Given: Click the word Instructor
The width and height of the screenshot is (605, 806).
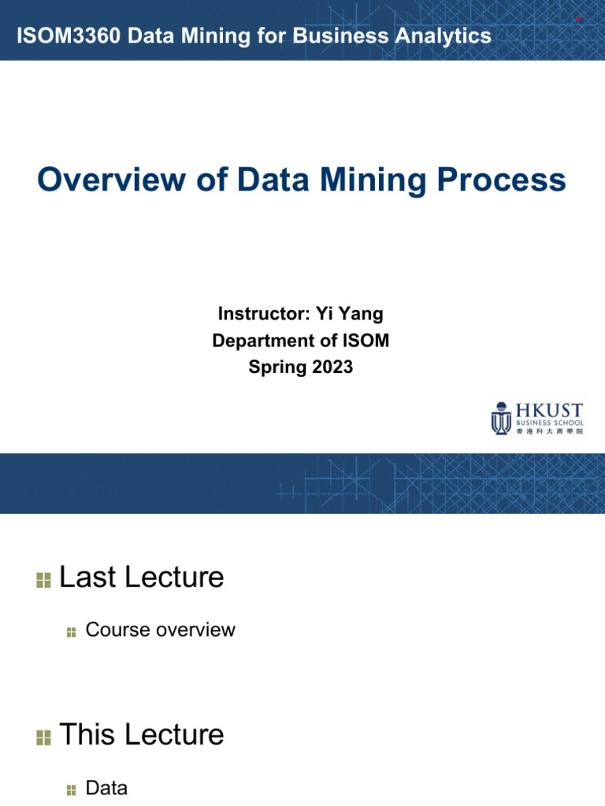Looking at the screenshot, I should point(263,314).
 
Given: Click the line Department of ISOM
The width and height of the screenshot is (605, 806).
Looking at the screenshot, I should point(301,341).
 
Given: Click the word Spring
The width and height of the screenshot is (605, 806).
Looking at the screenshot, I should point(276,367).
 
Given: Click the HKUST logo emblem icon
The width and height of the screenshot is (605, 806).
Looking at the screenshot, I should point(500,418).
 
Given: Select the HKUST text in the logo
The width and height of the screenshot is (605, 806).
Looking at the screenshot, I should point(549,411).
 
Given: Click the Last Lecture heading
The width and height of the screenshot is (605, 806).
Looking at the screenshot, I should point(142,578).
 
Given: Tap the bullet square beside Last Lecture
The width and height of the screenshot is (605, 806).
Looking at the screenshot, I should point(43,581).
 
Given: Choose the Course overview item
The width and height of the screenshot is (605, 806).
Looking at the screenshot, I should point(160,630).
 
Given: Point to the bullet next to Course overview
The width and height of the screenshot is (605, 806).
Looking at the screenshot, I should point(72,632).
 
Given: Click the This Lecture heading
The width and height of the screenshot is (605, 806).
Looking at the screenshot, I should point(142,735).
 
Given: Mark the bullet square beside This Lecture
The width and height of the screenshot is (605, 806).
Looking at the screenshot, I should point(43,738).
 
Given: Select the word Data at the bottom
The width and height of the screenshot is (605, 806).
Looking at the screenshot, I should point(106,788).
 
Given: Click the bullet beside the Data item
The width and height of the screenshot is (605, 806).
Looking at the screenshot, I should point(72,790).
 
